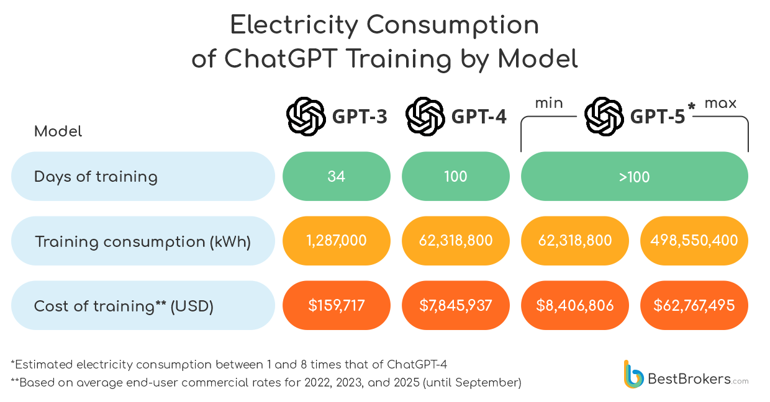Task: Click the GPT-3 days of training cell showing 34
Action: pyautogui.click(x=337, y=177)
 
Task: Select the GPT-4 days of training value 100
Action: pyautogui.click(x=456, y=177)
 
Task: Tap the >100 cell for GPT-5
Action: pyautogui.click(x=634, y=177)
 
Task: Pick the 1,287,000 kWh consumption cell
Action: pyautogui.click(x=337, y=241)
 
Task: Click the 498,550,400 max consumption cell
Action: pyautogui.click(x=694, y=241)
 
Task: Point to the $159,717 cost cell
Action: pyautogui.click(x=337, y=305)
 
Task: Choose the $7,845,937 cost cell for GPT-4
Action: pyautogui.click(x=456, y=305)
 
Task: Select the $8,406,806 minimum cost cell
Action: pyautogui.click(x=574, y=305)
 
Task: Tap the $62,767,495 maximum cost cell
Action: pyautogui.click(x=694, y=305)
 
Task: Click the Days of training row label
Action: pyautogui.click(x=96, y=177)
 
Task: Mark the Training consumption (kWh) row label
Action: pyautogui.click(x=143, y=241)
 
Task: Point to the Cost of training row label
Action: pyautogui.click(x=124, y=306)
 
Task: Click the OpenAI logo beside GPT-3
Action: pyautogui.click(x=306, y=116)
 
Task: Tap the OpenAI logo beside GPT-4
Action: pyautogui.click(x=425, y=116)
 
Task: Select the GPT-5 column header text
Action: pyautogui.click(x=658, y=117)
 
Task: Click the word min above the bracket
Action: pyautogui.click(x=549, y=103)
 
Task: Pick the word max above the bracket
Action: pyautogui.click(x=720, y=103)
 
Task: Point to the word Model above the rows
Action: pyautogui.click(x=58, y=132)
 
